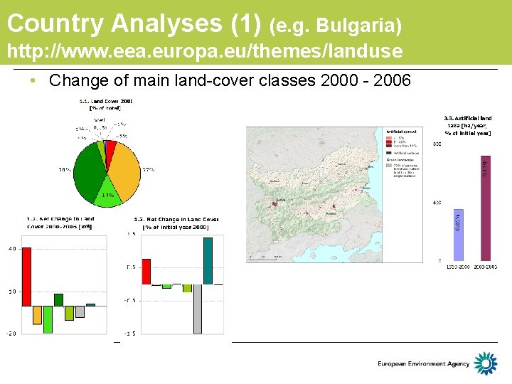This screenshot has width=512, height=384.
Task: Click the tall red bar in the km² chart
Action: click(26, 277)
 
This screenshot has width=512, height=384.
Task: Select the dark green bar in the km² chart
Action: click(58, 299)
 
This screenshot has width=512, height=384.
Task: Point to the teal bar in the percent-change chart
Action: click(208, 260)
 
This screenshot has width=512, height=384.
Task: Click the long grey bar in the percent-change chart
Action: click(198, 309)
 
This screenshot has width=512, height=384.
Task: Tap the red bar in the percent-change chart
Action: click(146, 271)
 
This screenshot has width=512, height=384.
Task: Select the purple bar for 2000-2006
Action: click(486, 208)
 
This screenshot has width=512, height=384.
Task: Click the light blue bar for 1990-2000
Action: click(458, 234)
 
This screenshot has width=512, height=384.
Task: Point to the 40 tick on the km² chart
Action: click(12, 248)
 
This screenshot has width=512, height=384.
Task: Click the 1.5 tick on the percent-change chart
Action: click(131, 233)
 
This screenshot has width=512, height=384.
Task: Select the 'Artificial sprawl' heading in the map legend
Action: click(397, 132)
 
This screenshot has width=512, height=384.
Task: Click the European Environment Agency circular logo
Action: click(486, 363)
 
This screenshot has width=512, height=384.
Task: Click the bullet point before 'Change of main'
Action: click(33, 81)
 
